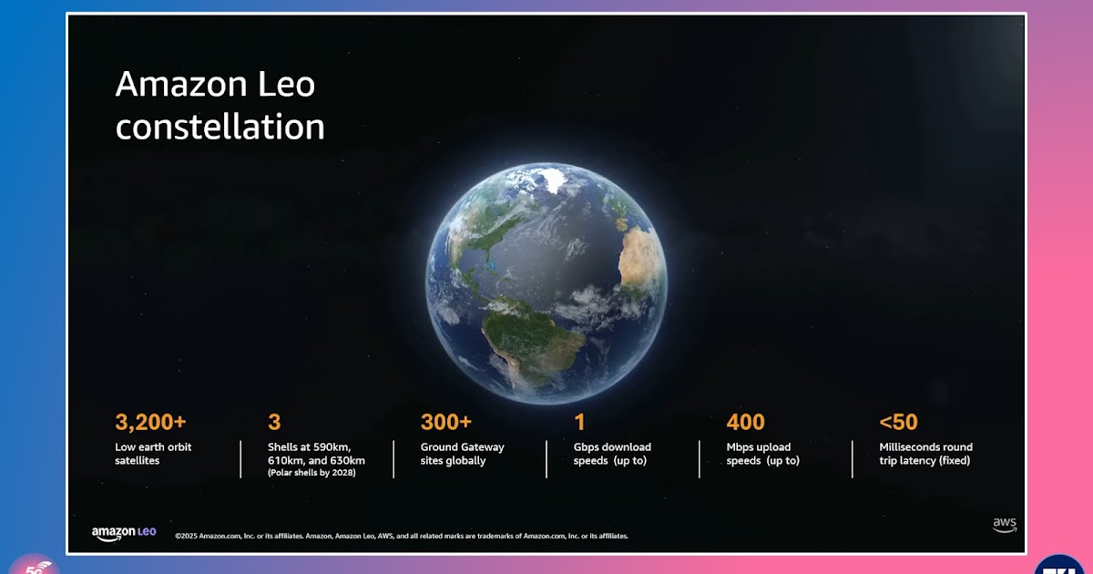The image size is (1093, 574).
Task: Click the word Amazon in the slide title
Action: (181, 84)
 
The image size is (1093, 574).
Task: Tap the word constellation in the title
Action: (220, 127)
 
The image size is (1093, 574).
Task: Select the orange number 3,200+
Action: (150, 422)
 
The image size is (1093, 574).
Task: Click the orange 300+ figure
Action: (446, 422)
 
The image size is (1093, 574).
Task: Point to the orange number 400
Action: (745, 422)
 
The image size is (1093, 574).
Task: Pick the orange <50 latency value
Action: (898, 422)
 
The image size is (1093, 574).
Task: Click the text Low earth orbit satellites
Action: (153, 454)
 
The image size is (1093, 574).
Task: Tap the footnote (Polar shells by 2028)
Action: (312, 473)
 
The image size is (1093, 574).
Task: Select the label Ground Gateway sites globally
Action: (462, 454)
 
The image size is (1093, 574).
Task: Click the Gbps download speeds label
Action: (612, 454)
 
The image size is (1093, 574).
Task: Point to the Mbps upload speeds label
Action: (762, 454)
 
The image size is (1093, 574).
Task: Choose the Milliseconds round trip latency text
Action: (925, 454)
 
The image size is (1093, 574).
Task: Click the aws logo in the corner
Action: (1005, 525)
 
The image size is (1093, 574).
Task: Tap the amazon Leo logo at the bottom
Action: (124, 534)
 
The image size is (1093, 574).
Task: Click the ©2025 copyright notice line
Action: (402, 536)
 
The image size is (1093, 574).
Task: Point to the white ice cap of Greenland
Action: (555, 179)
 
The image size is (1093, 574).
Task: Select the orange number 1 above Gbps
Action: (579, 422)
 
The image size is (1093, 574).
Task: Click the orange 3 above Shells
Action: (274, 422)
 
